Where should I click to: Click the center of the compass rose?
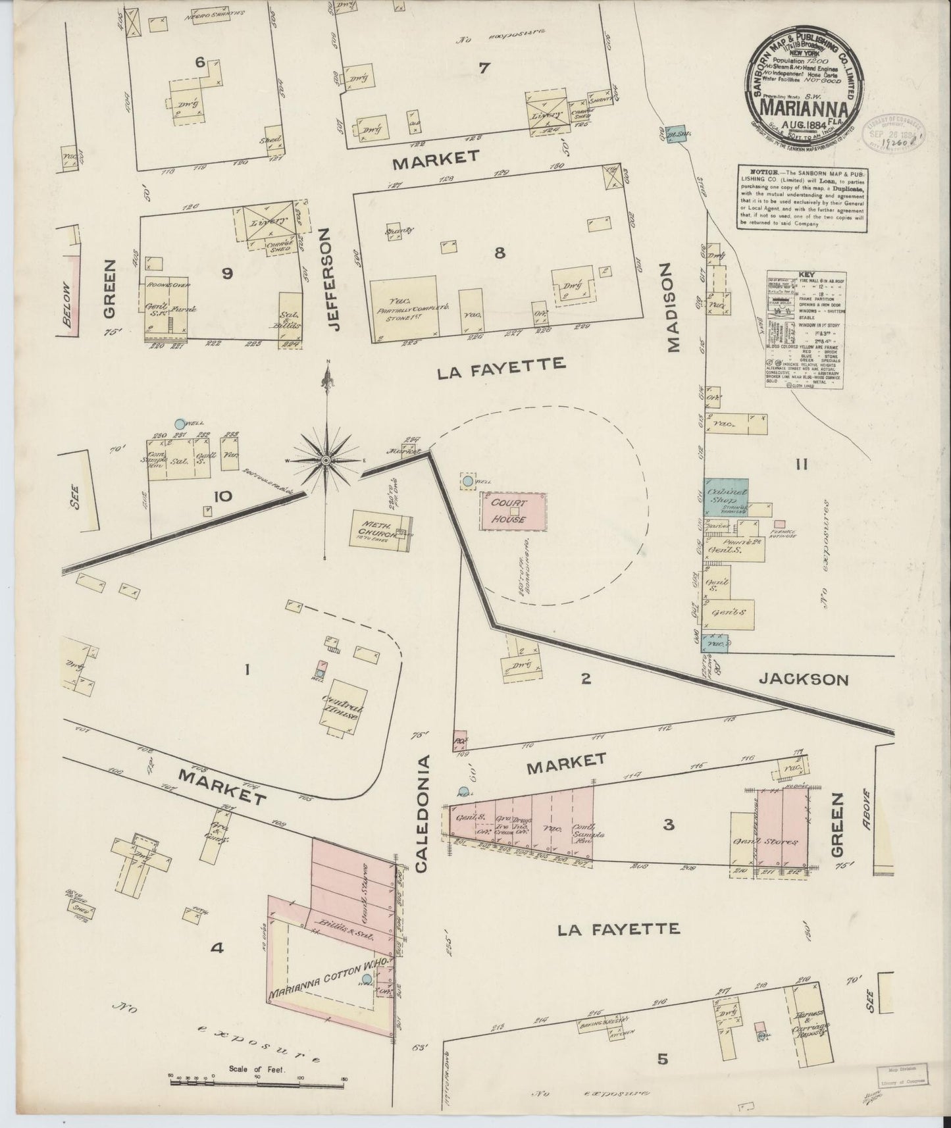click(326, 461)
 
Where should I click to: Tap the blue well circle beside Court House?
click(467, 481)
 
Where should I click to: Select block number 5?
click(662, 1077)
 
